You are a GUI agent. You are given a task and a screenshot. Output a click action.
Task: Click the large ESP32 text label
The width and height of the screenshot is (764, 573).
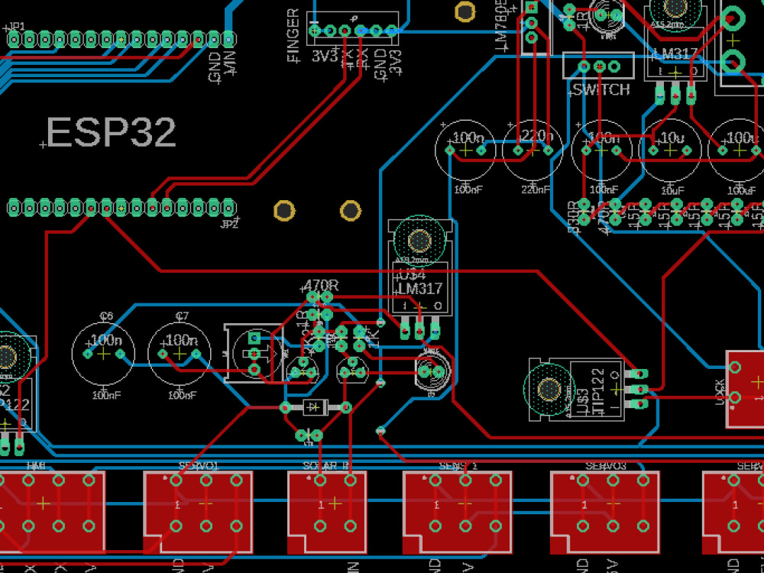coord(112,133)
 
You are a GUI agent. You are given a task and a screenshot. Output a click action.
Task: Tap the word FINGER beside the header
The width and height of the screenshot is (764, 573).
coord(293,35)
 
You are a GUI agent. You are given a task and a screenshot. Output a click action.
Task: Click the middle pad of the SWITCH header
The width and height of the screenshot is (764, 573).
coord(598,67)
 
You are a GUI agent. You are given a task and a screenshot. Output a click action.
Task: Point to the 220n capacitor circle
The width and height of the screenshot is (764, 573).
coord(533,150)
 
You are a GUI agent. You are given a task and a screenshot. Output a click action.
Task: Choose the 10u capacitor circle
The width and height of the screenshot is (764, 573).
coord(670,150)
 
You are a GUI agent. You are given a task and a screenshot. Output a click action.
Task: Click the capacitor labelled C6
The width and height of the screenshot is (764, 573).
coord(103,354)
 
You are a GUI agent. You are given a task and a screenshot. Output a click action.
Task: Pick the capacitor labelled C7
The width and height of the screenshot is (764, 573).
coord(179,354)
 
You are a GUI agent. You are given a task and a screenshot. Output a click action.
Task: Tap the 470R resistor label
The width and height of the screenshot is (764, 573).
coord(321,285)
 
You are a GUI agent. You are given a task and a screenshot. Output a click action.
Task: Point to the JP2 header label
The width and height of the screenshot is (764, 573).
coord(228,224)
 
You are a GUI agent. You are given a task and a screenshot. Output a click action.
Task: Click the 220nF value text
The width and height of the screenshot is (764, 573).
coord(535,189)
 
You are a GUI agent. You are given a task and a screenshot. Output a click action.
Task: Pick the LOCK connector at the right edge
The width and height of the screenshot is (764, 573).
coord(745,388)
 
